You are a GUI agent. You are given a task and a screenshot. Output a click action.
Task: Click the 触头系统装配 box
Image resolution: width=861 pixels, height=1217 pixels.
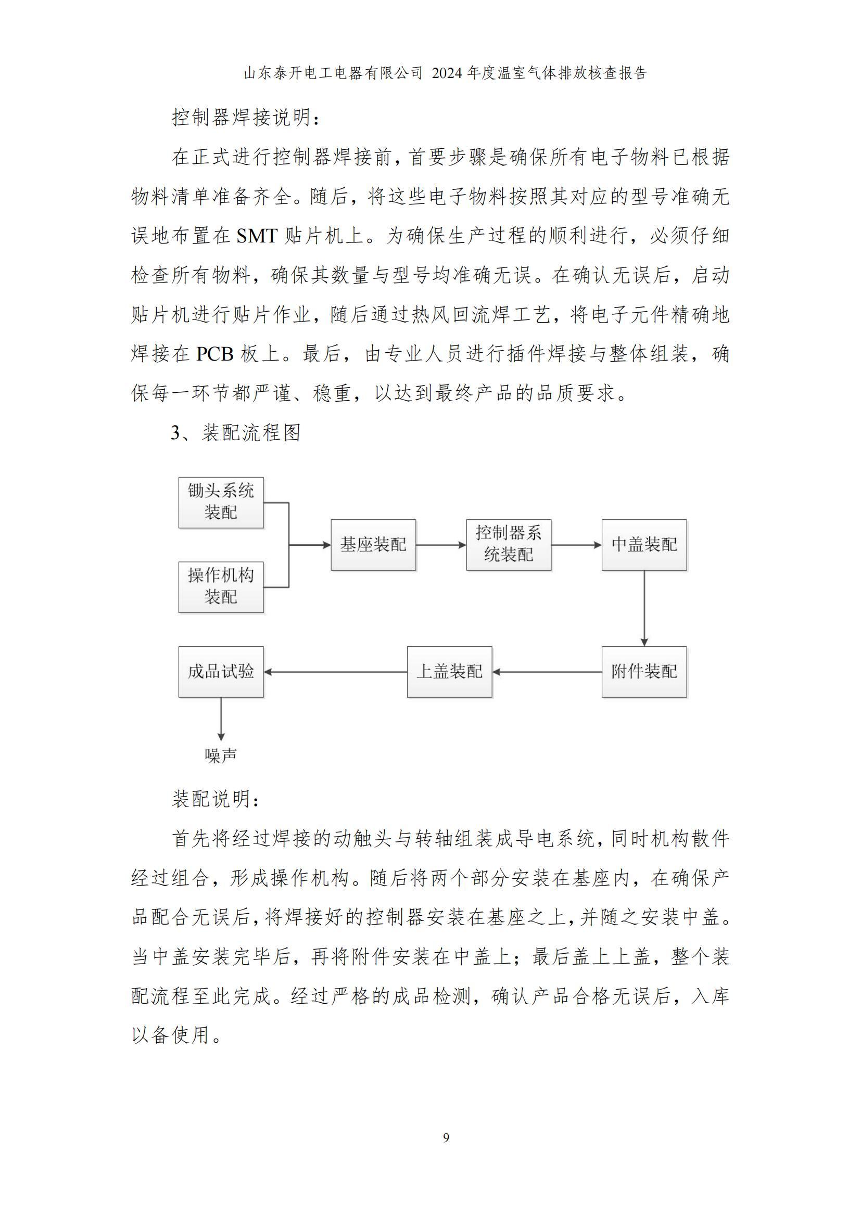click(x=221, y=502)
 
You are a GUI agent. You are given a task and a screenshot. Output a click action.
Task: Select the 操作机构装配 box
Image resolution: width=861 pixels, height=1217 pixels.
click(x=221, y=587)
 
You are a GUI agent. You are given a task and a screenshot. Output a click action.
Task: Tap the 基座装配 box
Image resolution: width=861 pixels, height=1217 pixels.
click(x=373, y=545)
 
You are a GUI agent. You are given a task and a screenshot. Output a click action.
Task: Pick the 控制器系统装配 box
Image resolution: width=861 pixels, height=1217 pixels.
click(x=509, y=545)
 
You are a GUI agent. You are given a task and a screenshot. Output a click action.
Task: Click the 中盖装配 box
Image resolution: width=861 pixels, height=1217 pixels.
click(x=644, y=545)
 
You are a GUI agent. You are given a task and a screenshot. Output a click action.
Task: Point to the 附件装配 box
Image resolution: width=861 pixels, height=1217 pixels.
click(x=644, y=672)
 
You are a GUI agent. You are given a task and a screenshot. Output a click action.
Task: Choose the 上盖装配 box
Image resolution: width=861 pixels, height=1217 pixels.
click(x=450, y=672)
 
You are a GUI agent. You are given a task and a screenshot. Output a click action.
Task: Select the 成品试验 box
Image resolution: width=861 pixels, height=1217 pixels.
click(x=221, y=672)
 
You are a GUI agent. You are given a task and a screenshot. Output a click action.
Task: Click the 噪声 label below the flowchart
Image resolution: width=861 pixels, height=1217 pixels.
click(x=221, y=755)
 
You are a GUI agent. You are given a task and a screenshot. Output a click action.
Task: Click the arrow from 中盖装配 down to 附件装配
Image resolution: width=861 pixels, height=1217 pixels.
click(x=644, y=609)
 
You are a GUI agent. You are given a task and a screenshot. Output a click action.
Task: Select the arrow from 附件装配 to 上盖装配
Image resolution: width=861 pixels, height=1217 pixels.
click(x=547, y=672)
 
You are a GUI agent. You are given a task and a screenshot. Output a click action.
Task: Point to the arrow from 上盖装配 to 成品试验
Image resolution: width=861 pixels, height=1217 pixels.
click(x=335, y=672)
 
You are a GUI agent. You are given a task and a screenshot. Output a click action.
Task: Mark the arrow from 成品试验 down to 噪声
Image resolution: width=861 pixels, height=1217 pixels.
click(x=221, y=719)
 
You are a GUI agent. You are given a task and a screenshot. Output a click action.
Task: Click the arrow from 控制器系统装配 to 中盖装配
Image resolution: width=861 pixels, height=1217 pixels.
click(x=576, y=545)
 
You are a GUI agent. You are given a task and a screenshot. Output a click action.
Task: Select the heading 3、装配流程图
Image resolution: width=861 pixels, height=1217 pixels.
click(x=236, y=433)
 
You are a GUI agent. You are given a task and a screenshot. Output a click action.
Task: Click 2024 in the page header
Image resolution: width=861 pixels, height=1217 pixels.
click(x=447, y=73)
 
